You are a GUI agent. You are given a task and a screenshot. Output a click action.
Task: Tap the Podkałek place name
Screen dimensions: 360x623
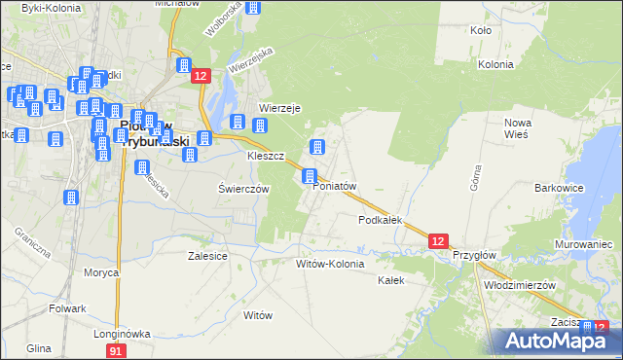tap(381, 221)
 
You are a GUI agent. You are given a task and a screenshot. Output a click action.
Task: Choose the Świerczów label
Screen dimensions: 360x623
tap(243, 190)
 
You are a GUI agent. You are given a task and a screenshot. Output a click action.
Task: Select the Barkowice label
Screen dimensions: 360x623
tap(558, 186)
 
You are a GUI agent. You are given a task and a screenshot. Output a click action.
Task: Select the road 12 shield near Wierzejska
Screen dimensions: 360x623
tap(201, 76)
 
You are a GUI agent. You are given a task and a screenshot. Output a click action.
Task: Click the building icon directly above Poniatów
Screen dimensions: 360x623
tap(310, 176)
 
